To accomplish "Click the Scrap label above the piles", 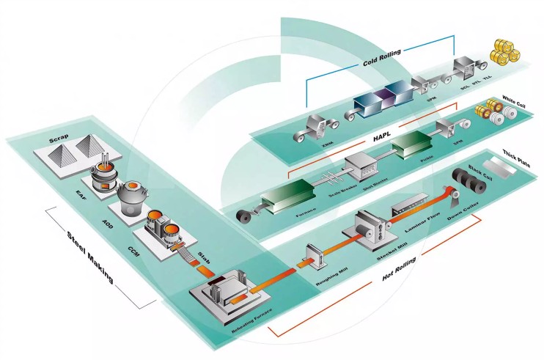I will click(x=58, y=139).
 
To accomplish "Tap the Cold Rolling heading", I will click(x=382, y=63).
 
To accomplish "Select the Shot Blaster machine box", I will click(x=361, y=168).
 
